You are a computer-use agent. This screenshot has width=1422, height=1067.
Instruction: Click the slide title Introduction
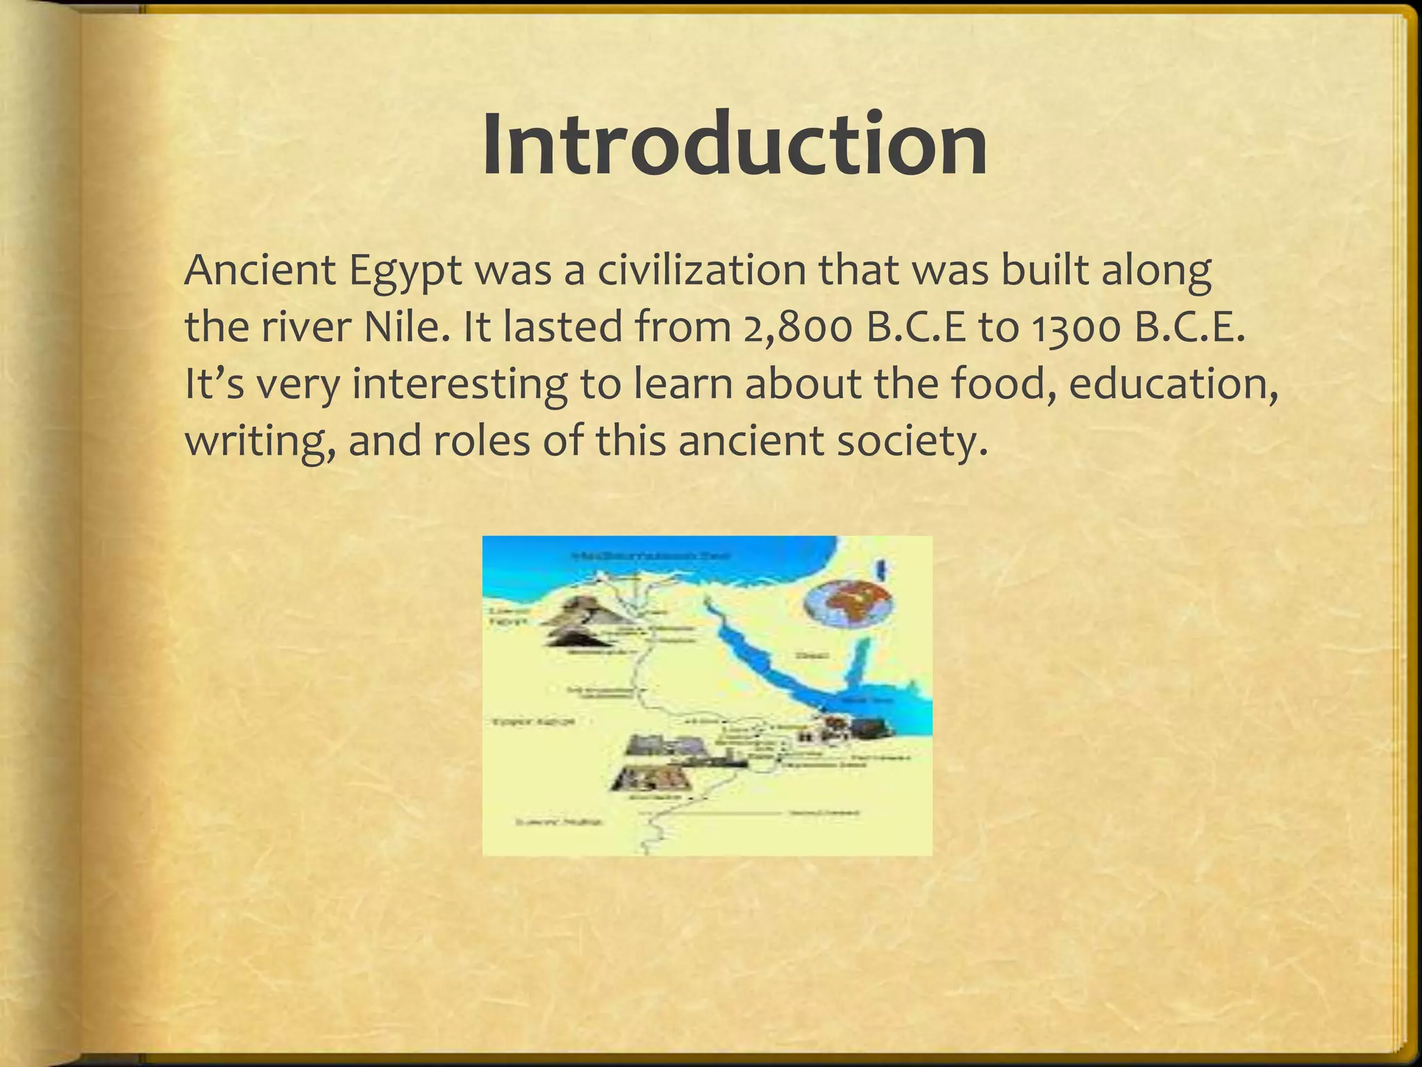(735, 144)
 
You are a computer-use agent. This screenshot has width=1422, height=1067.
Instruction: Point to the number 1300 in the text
(1076, 327)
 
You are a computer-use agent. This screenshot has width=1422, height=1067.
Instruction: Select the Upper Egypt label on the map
(533, 722)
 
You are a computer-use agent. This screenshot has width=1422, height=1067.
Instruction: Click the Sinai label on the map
(809, 654)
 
